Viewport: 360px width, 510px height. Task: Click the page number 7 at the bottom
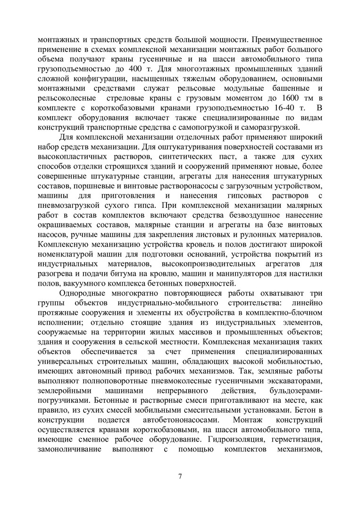point(180,475)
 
